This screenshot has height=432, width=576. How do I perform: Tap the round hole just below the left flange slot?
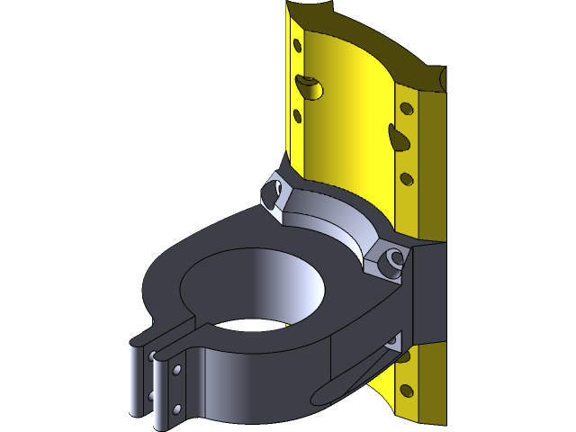coord(297,114)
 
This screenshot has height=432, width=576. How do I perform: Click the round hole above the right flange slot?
coord(406,108)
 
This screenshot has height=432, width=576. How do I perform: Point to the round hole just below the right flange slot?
coord(407,178)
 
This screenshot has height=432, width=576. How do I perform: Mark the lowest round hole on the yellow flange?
coord(406,391)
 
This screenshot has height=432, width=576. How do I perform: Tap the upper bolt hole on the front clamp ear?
coord(178,370)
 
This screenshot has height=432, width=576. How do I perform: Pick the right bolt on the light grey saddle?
coord(391,261)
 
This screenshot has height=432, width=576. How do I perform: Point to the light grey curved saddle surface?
coord(333,216)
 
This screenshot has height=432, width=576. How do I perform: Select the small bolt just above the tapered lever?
coord(392,341)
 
